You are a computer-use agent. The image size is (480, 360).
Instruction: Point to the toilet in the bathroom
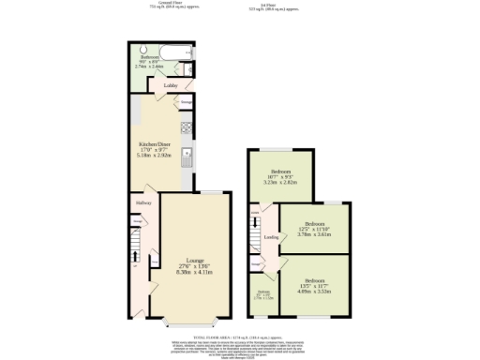click(x=187, y=68)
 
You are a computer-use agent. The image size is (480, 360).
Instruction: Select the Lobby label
click(x=171, y=85)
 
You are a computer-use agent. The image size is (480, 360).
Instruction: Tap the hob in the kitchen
click(x=186, y=127)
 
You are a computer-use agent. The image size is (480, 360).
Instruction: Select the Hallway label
click(x=142, y=202)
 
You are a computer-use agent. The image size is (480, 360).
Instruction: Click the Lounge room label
click(x=195, y=260)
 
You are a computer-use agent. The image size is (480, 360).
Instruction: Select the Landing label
click(x=270, y=237)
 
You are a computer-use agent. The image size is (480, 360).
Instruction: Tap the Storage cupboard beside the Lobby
click(x=186, y=99)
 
